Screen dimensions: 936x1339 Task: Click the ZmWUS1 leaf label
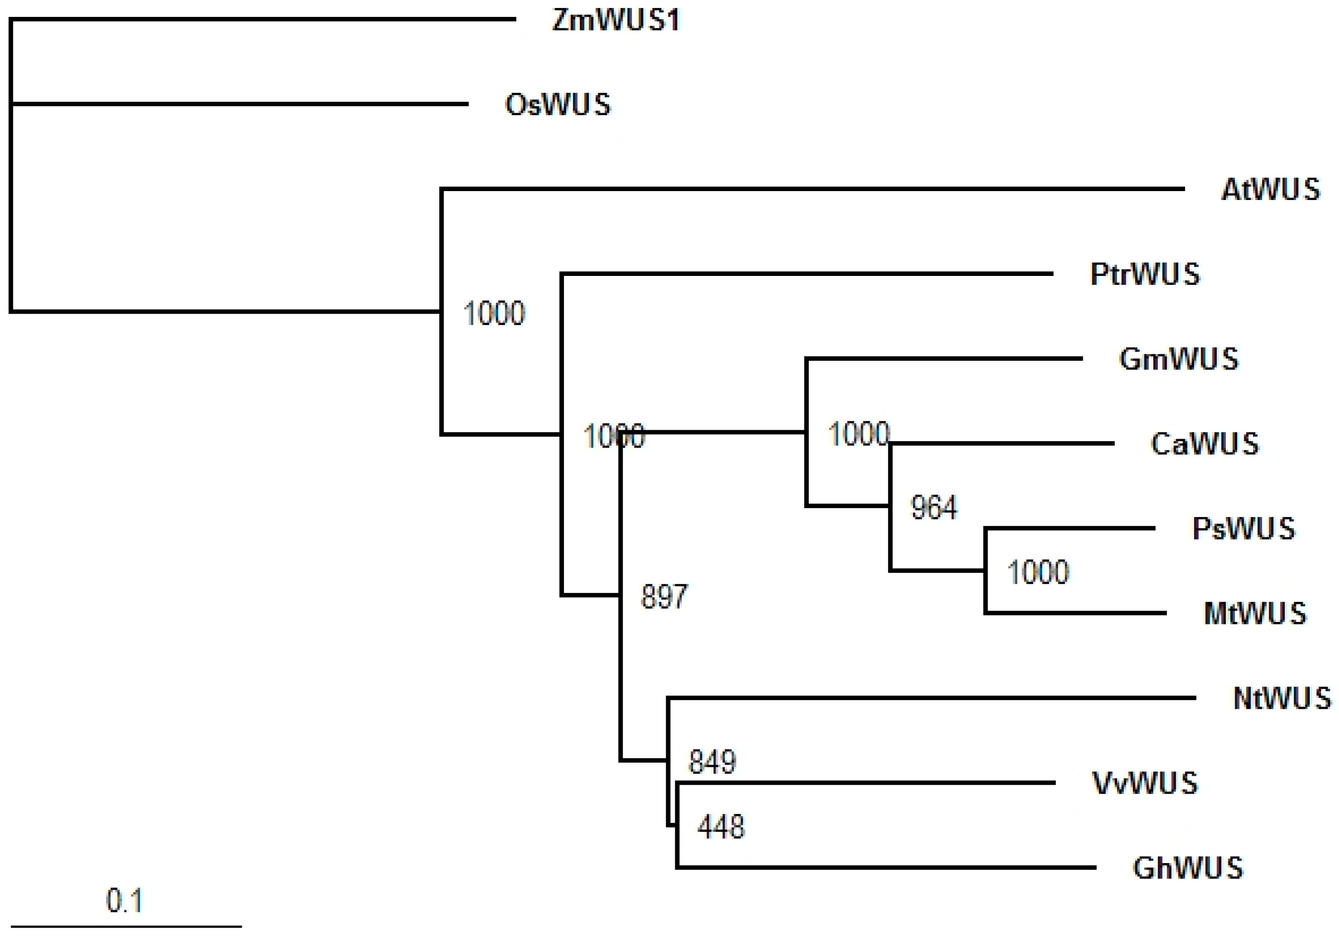coord(616,21)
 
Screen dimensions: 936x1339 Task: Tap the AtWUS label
coord(1270,190)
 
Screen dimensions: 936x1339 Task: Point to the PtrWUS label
coord(1145,274)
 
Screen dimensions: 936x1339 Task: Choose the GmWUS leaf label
coord(1179,359)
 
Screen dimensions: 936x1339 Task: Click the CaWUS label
coord(1204,444)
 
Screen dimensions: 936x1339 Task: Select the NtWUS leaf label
coord(1282,698)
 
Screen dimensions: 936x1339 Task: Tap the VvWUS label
coord(1145,783)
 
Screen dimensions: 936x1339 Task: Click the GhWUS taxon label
coord(1188,868)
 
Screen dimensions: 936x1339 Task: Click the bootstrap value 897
coord(664,597)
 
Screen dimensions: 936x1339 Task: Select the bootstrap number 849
coord(712,761)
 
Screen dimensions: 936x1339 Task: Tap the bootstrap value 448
coord(721,826)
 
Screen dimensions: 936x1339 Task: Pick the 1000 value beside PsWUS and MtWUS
coord(1038,572)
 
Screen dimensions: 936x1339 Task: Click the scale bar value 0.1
coord(124,901)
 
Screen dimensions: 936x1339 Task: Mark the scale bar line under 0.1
coord(126,926)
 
